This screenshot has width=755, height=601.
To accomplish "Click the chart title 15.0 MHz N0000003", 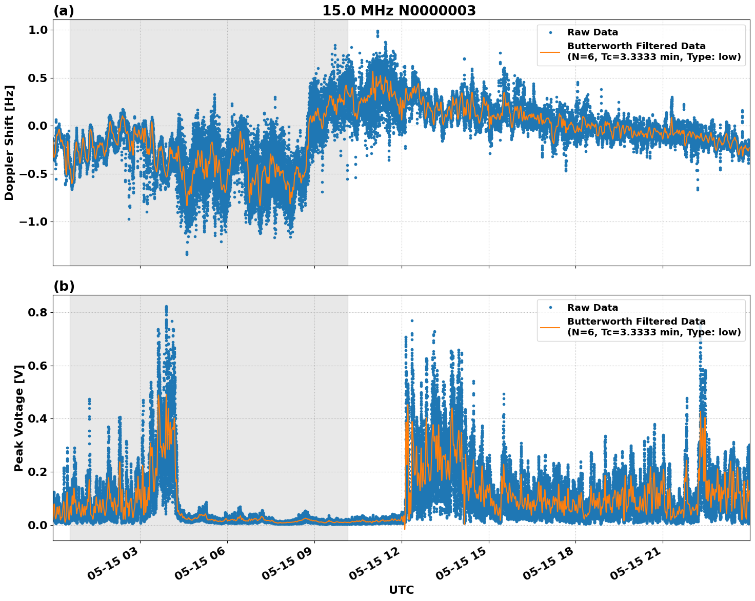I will (x=399, y=11).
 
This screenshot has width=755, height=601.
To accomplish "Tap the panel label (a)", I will (x=64, y=11).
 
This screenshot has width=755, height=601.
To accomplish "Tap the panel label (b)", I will (x=64, y=286).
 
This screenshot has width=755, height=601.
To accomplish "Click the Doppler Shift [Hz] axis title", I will (x=9, y=143).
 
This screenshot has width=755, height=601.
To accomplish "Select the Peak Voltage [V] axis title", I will (x=19, y=418).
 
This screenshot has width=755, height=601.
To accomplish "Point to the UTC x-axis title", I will (x=401, y=590).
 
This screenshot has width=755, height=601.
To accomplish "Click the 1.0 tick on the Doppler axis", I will (x=38, y=30).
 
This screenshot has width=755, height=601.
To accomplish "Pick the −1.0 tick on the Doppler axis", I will (x=33, y=222).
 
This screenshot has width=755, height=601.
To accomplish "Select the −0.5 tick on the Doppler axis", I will (x=33, y=174).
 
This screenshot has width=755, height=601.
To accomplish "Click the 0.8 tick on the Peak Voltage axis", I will (x=38, y=313).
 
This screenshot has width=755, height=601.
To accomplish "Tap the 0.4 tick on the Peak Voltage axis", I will (x=38, y=419).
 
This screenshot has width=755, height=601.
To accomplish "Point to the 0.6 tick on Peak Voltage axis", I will (x=38, y=366).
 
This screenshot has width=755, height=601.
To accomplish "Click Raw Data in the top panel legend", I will (x=592, y=32).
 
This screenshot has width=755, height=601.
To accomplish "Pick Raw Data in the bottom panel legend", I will (x=592, y=308).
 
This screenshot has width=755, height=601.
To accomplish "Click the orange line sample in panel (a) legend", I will (x=550, y=51).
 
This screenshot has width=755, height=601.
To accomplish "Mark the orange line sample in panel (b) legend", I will (x=550, y=327).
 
